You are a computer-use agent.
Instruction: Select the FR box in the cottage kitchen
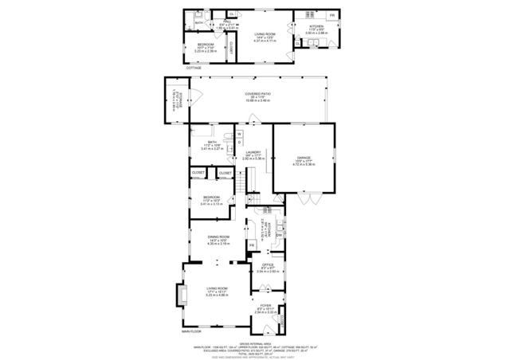[x=331, y=16]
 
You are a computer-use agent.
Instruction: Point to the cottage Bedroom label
[x=206, y=45]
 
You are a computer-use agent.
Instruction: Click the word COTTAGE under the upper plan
[x=194, y=68]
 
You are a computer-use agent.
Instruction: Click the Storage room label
[x=178, y=101]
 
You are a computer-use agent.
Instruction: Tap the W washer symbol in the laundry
[x=238, y=133]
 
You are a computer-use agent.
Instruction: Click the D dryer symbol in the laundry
[x=238, y=143]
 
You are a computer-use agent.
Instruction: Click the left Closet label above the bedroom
[x=198, y=173]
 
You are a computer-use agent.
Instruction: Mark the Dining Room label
[x=218, y=240]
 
